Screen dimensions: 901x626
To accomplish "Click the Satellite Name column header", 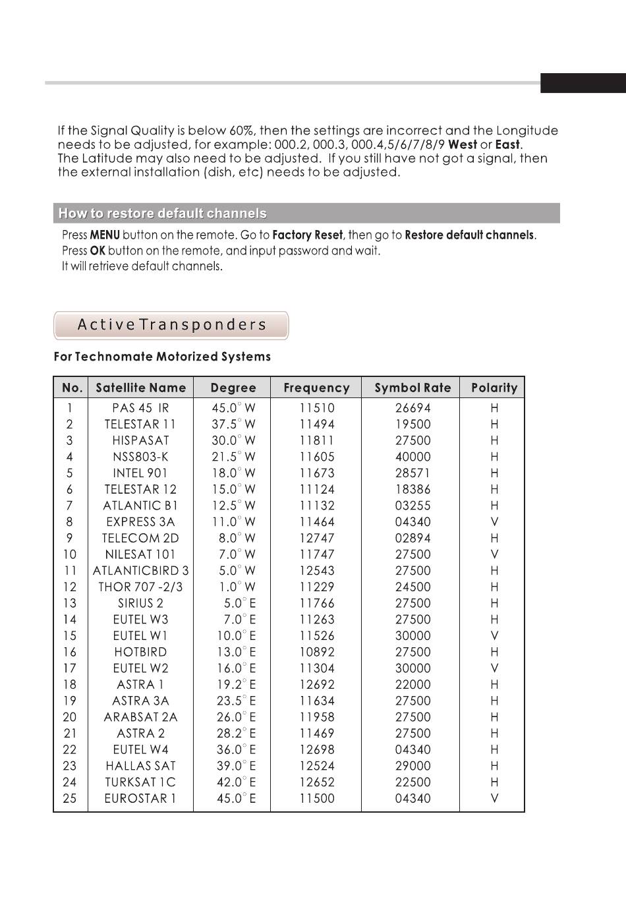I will [x=140, y=388].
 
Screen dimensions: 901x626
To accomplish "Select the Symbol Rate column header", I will [x=413, y=388].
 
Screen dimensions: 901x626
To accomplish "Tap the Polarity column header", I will [x=494, y=388].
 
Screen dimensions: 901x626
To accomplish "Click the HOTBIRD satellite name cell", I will [x=140, y=652].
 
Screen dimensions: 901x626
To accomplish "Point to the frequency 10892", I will [x=317, y=652].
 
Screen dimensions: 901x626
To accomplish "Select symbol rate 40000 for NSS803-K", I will [x=413, y=457].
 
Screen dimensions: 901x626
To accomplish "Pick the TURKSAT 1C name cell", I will [x=140, y=782].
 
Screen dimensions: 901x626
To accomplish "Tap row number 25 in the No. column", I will [x=69, y=798].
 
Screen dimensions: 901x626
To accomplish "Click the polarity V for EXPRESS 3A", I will [x=494, y=522].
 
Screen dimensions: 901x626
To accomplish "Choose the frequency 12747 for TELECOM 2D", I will [x=317, y=538].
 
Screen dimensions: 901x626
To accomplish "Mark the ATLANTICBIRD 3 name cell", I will [x=140, y=571].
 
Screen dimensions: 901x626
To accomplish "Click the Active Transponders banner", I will [x=171, y=325].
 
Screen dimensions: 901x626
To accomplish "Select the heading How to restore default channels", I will [x=163, y=214].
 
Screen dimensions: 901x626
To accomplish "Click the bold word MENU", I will [x=105, y=235].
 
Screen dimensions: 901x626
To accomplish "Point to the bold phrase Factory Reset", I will [x=307, y=235].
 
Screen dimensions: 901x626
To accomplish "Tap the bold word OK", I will [x=98, y=251].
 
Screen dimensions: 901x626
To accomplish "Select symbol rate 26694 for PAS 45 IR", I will [x=413, y=408].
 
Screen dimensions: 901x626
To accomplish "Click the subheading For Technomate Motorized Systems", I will [x=162, y=357].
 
